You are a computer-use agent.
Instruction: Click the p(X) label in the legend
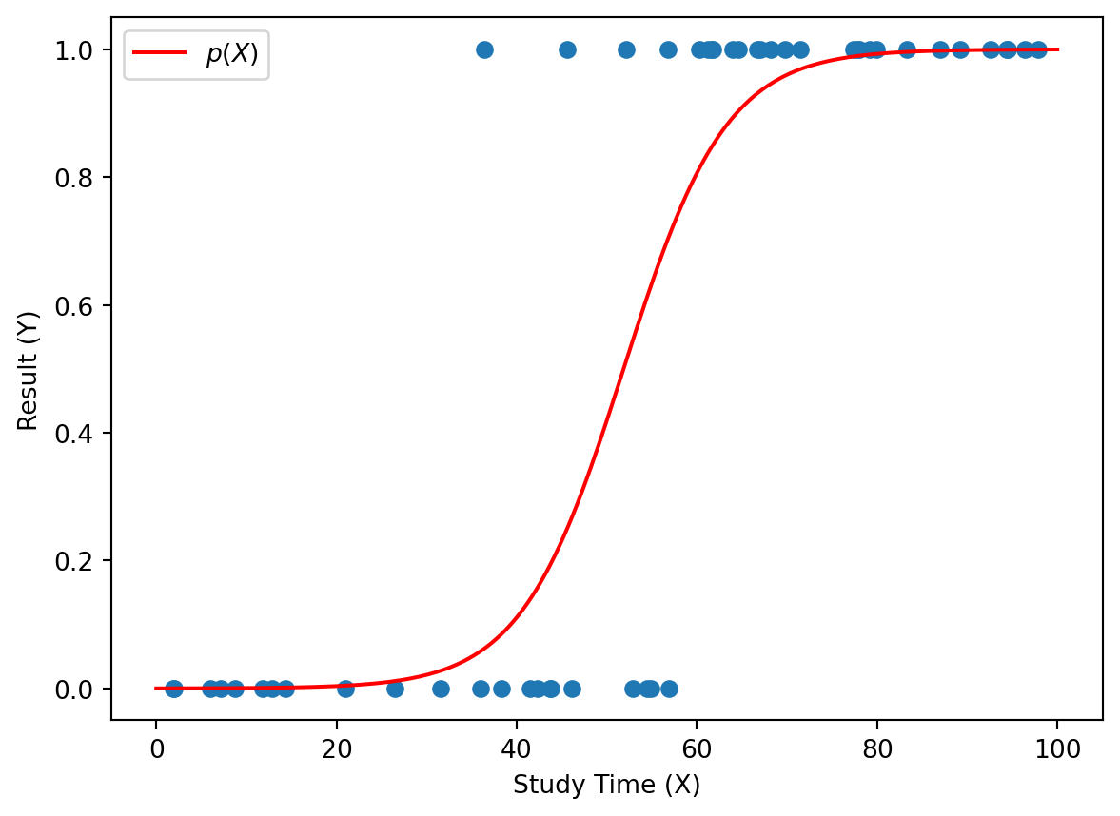pyautogui.click(x=232, y=54)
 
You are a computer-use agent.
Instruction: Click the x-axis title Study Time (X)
pyautogui.click(x=606, y=786)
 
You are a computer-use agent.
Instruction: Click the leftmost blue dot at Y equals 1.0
pyautogui.click(x=484, y=49)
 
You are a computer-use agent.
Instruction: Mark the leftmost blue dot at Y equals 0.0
pyautogui.click(x=173, y=689)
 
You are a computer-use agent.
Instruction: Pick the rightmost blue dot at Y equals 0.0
pyautogui.click(x=669, y=689)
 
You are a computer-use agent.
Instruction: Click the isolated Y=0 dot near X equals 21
pyautogui.click(x=345, y=689)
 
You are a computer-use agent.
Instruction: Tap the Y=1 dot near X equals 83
pyautogui.click(x=907, y=49)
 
